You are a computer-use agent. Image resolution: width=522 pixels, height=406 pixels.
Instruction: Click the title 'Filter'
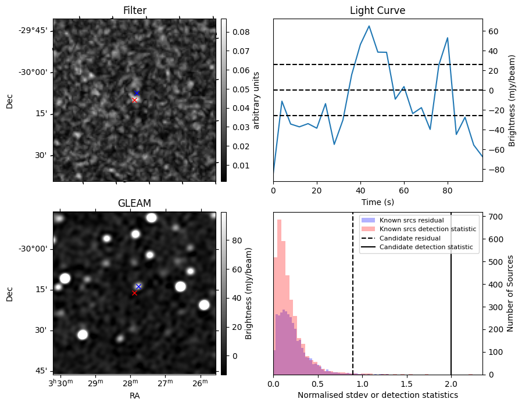(x=134, y=10)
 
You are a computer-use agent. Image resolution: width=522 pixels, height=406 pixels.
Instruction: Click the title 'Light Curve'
(x=377, y=10)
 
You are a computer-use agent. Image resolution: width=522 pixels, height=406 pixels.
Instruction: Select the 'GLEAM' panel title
(x=134, y=203)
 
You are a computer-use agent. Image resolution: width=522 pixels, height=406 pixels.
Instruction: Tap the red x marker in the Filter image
(x=134, y=100)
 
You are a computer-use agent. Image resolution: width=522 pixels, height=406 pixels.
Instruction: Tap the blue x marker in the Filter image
(x=137, y=93)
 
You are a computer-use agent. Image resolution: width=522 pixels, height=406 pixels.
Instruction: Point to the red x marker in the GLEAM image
(x=134, y=293)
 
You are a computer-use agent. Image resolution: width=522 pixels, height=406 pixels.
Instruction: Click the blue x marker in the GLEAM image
(x=138, y=286)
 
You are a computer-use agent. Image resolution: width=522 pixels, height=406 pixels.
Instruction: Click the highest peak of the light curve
(x=369, y=26)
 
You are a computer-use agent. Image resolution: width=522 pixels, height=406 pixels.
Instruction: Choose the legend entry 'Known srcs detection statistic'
(x=427, y=229)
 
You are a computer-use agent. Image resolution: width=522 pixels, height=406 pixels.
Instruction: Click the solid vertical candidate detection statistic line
(x=451, y=302)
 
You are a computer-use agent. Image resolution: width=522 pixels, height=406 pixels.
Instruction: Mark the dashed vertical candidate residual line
(x=353, y=302)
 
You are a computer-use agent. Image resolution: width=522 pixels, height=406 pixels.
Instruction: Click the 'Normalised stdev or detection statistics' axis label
(x=377, y=395)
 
